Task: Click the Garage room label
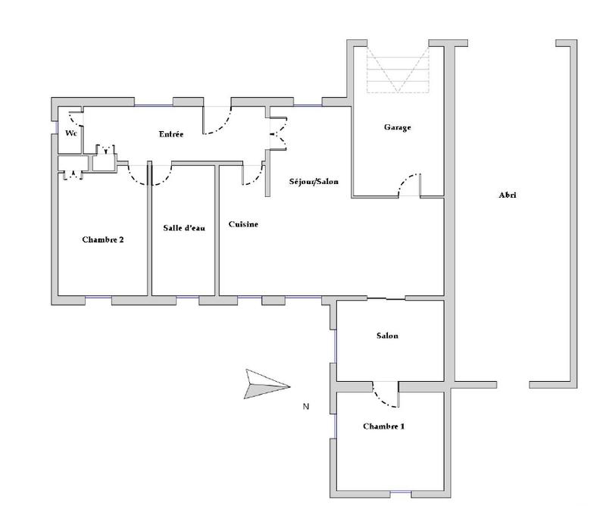pos(397,128)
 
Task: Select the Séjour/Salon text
pos(314,182)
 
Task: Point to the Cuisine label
pos(243,224)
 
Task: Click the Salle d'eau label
pos(184,228)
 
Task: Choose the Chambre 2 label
pos(102,239)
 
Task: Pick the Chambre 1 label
pos(383,426)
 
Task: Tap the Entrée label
pos(171,135)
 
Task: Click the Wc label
pos(71,134)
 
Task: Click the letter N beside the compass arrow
pos(306,407)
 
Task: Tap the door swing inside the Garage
pos(409,185)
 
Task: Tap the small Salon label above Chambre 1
pos(386,336)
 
